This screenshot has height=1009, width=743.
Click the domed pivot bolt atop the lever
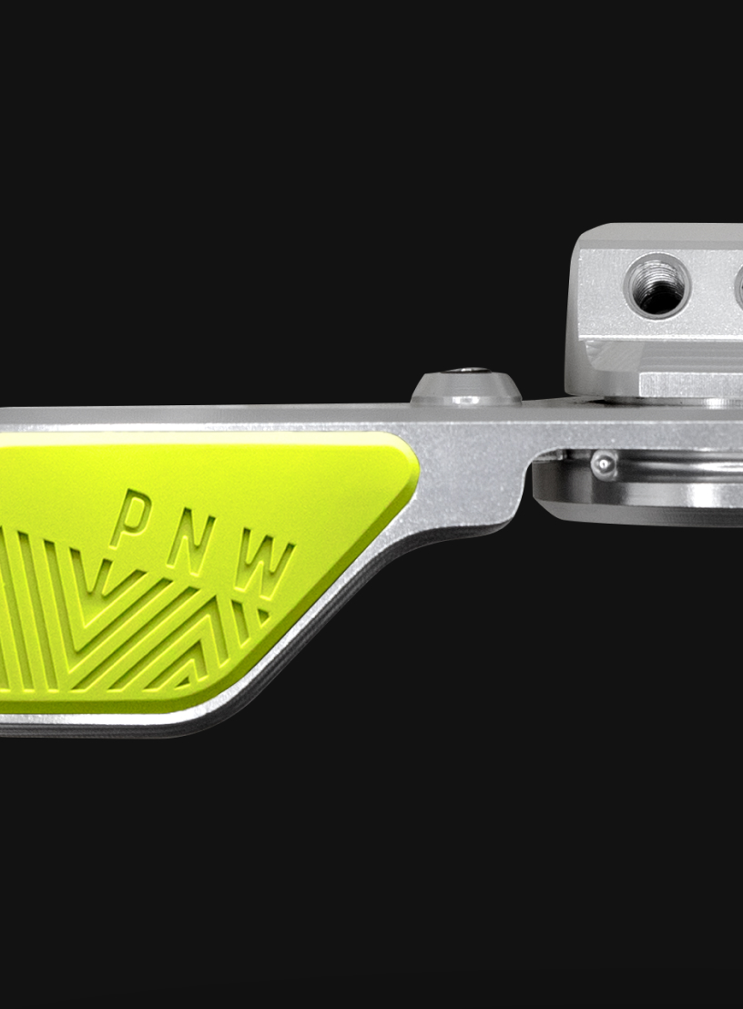coord(466,387)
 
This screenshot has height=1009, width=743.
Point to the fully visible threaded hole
coord(657,285)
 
